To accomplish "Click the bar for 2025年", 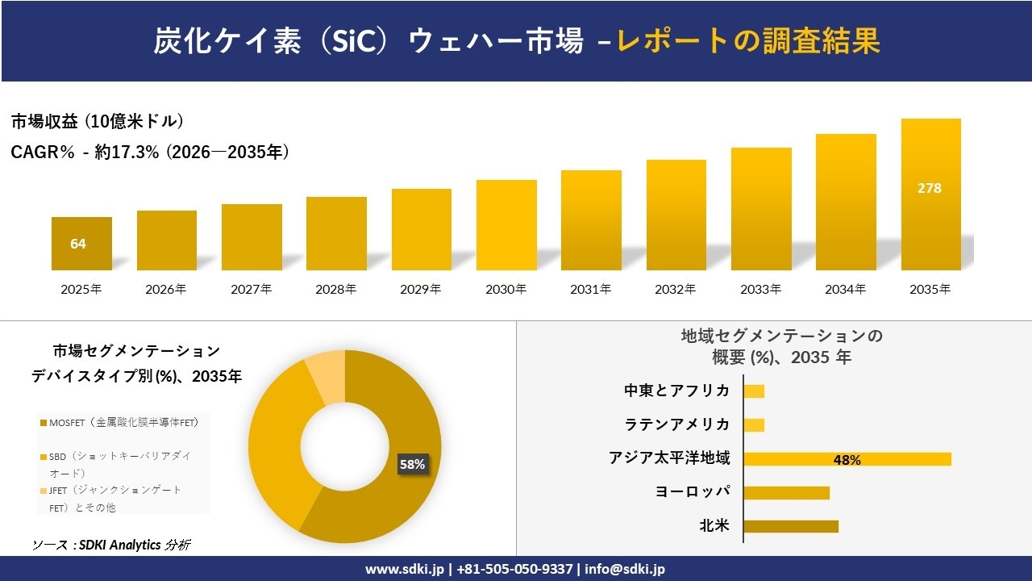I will tap(81, 244).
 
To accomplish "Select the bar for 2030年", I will tap(506, 225).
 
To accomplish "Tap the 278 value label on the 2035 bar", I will tap(930, 188).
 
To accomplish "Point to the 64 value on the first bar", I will tap(78, 244).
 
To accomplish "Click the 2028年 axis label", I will tap(336, 289).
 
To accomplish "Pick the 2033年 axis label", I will tap(761, 289).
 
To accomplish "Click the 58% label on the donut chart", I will tap(412, 464).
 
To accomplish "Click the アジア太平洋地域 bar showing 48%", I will tap(847, 459).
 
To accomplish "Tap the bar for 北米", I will tap(790, 526).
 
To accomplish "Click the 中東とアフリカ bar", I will tap(754, 391).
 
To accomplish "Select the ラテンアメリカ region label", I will tap(677, 424).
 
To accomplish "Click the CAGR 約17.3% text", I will tap(150, 152).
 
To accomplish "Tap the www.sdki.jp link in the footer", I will tap(405, 569).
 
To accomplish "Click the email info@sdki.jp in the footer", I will tap(626, 569).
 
